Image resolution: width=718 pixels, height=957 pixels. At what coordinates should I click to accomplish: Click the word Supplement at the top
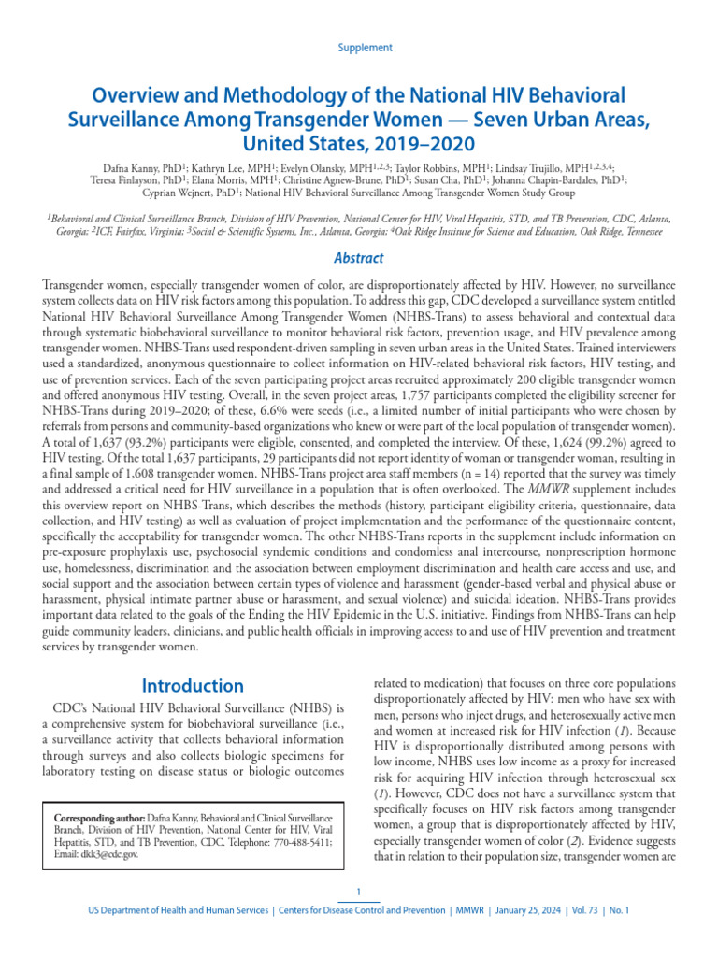click(364, 48)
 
